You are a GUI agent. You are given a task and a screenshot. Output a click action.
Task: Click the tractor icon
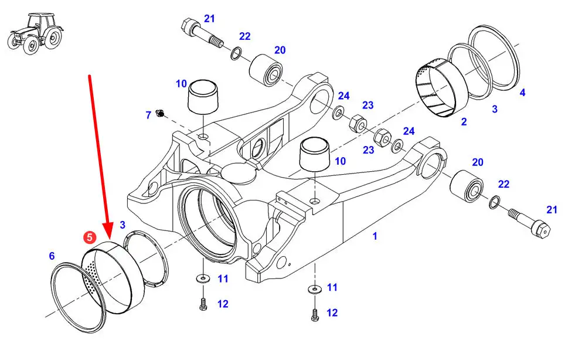(x=35, y=33)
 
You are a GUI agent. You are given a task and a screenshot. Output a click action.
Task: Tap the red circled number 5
(x=90, y=237)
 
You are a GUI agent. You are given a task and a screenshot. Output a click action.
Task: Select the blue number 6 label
(x=52, y=256)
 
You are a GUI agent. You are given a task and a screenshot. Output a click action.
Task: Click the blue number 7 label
(x=148, y=116)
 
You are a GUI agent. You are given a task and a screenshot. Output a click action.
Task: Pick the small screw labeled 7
(x=159, y=113)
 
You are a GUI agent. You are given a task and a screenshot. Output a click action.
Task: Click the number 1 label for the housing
(x=375, y=236)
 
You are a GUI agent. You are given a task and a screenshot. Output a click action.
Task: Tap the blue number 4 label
(x=523, y=93)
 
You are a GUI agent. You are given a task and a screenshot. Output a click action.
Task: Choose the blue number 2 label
(x=464, y=121)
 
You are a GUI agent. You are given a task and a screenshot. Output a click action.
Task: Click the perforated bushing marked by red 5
(x=112, y=279)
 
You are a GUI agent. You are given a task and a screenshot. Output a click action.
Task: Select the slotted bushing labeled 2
(x=443, y=88)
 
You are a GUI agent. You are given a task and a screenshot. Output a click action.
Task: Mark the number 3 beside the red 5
(x=123, y=225)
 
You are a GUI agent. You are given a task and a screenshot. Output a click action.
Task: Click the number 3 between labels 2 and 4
(x=495, y=109)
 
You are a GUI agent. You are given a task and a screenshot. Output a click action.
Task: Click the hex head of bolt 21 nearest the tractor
(x=189, y=25)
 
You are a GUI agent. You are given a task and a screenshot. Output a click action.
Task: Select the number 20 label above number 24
(x=280, y=50)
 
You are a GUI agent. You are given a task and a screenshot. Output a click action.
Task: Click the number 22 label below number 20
(x=504, y=184)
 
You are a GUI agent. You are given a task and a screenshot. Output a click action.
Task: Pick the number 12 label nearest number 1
(x=332, y=313)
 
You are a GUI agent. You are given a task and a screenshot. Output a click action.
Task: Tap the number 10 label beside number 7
(x=181, y=84)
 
